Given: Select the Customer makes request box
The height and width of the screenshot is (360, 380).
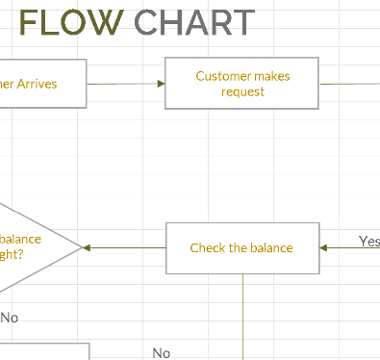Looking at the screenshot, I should (242, 84).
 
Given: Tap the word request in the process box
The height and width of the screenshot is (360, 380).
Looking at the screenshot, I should (242, 91).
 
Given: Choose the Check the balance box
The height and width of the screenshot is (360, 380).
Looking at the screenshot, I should (241, 248).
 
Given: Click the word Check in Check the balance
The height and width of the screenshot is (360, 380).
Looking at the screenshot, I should (207, 248).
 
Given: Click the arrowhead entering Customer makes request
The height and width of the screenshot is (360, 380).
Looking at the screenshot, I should (161, 84).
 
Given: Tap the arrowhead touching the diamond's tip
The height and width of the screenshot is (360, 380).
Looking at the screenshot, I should (89, 248).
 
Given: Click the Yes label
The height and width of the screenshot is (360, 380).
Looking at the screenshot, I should (368, 241).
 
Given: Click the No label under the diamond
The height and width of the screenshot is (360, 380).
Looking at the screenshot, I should (10, 317).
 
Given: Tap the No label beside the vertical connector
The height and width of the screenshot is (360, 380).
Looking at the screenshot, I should (162, 353).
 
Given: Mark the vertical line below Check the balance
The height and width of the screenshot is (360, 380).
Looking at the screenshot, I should (242, 318).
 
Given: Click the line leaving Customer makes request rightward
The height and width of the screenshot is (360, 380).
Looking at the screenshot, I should (348, 84).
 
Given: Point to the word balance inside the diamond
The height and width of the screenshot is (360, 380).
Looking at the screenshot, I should (21, 240).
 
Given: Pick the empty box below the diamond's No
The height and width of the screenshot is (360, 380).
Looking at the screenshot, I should (43, 351).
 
